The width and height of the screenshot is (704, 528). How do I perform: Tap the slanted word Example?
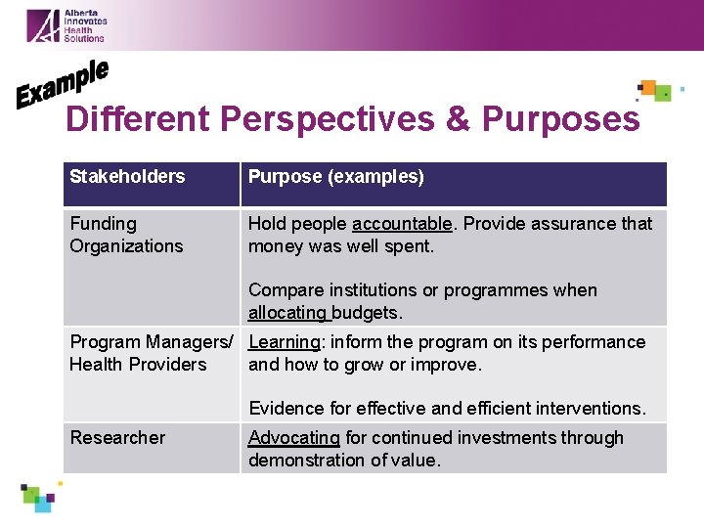[62, 84]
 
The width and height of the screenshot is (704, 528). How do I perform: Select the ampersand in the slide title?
[458, 118]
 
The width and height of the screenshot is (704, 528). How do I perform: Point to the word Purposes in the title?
[560, 118]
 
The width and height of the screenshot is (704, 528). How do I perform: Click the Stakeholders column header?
[127, 177]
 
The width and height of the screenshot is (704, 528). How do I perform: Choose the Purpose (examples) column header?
[335, 177]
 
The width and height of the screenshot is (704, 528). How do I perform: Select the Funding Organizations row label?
[126, 235]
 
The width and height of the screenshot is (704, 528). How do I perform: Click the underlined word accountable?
[402, 224]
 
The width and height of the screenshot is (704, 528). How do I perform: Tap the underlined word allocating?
[288, 313]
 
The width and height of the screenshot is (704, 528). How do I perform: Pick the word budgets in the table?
[368, 313]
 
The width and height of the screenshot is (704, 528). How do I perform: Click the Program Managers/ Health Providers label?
[151, 353]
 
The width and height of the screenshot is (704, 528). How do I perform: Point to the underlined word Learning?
[284, 342]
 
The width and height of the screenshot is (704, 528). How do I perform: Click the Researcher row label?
[117, 438]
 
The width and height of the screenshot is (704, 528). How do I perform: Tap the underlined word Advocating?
[293, 438]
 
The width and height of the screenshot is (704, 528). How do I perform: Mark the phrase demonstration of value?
[344, 461]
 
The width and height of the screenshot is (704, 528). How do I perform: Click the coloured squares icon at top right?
[656, 91]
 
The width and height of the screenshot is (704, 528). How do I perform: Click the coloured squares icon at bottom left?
[39, 497]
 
